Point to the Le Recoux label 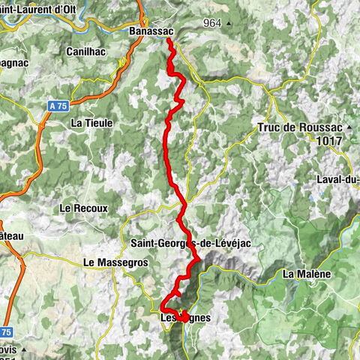(x=84, y=208)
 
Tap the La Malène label (x=307, y=274)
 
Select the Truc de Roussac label (x=298, y=127)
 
